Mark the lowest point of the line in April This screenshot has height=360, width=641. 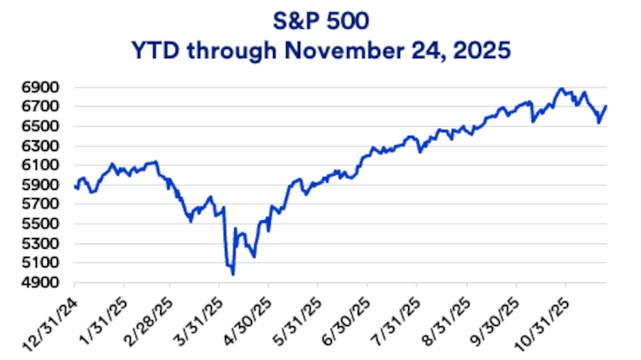point(233,275)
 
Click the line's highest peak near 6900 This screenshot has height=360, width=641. point(562,88)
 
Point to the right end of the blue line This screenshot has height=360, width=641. point(607,107)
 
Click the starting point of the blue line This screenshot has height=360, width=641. point(75,186)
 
